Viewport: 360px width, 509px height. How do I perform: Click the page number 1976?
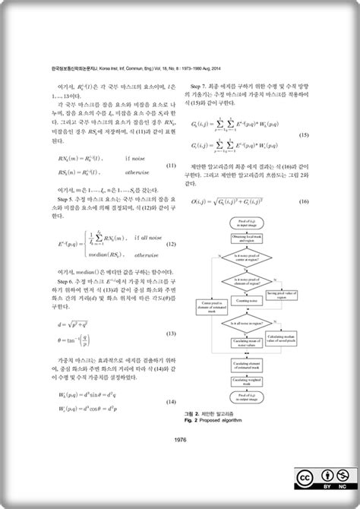pyautogui.click(x=181, y=440)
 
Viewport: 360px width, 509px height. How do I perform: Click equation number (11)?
pyautogui.click(x=171, y=166)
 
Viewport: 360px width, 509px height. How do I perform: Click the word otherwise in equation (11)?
pyautogui.click(x=137, y=172)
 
